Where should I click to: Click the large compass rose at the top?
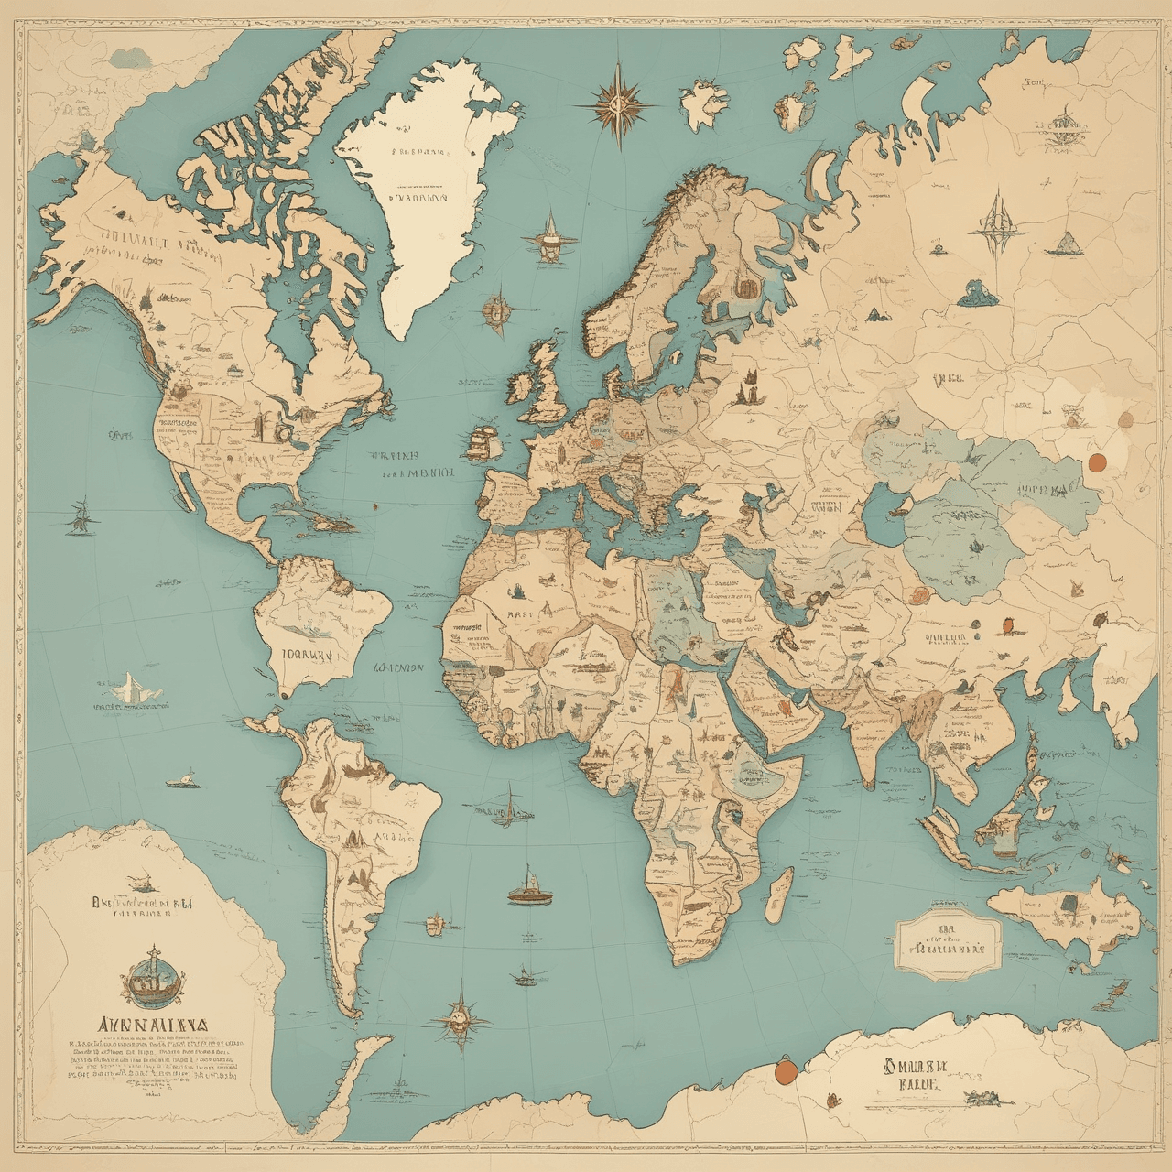coord(618,103)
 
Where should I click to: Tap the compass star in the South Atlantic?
coord(460,1015)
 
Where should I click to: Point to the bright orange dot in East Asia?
coord(1096,461)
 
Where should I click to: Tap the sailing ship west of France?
coord(483,441)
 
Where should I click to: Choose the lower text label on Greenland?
coord(418,196)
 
